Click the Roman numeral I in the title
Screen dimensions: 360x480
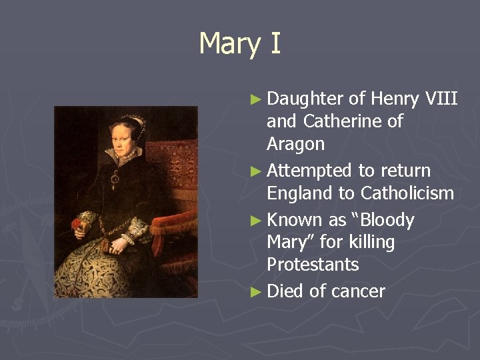[x=275, y=43]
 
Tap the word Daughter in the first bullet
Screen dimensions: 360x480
[x=305, y=99]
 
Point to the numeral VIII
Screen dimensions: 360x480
[x=441, y=99]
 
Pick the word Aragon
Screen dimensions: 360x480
[x=295, y=144]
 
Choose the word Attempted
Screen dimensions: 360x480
[x=309, y=171]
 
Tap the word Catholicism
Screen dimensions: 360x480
[x=407, y=193]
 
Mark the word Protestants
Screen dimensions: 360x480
[x=313, y=265]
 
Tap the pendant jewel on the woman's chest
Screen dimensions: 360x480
[x=116, y=179]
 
